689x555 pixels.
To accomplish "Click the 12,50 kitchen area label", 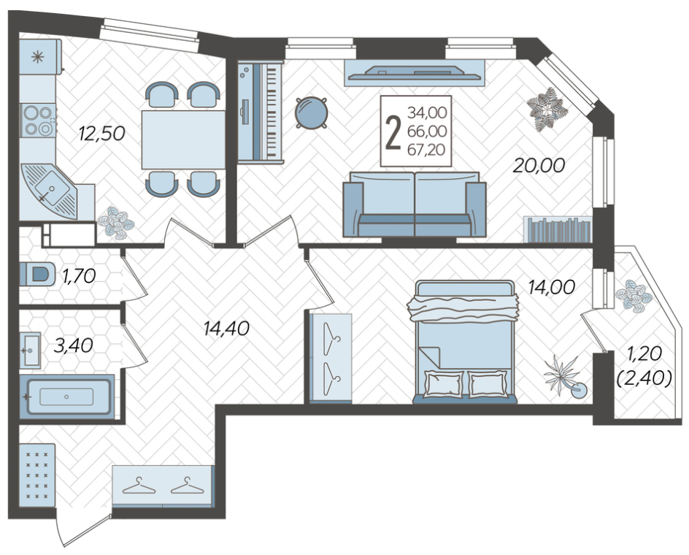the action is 101,133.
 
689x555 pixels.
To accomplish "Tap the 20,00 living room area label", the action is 539,165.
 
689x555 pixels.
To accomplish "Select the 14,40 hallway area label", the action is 227,328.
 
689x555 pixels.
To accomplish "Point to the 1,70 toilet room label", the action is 79,276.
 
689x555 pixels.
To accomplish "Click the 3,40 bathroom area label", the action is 74,345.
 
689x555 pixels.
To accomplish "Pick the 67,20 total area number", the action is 427,150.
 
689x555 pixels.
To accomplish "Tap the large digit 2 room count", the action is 393,131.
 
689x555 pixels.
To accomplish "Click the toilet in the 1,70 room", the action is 38,275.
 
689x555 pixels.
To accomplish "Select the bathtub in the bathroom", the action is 67,397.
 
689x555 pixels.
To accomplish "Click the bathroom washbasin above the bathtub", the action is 31,351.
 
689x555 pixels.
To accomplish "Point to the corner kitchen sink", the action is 49,191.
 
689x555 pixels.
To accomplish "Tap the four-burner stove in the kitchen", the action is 38,120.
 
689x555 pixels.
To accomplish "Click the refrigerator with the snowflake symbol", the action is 40,57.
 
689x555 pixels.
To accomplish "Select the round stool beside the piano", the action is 312,112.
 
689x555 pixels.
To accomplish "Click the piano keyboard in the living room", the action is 260,113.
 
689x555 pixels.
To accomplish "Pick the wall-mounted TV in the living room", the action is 415,72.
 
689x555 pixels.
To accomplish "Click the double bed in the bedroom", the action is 465,342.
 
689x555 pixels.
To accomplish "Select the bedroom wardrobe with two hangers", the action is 331,358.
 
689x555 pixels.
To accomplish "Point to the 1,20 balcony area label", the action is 644,353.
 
